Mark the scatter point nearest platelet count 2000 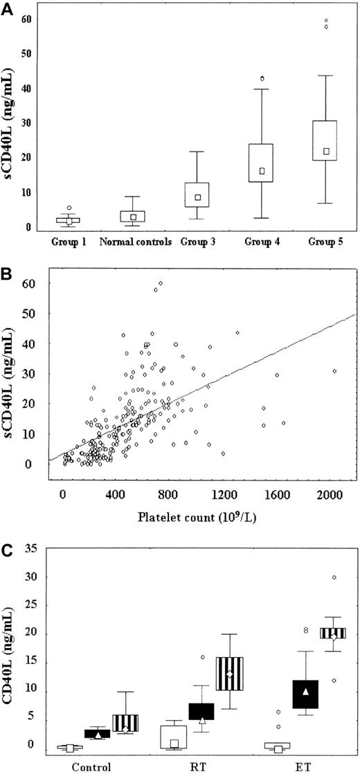(334, 371)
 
